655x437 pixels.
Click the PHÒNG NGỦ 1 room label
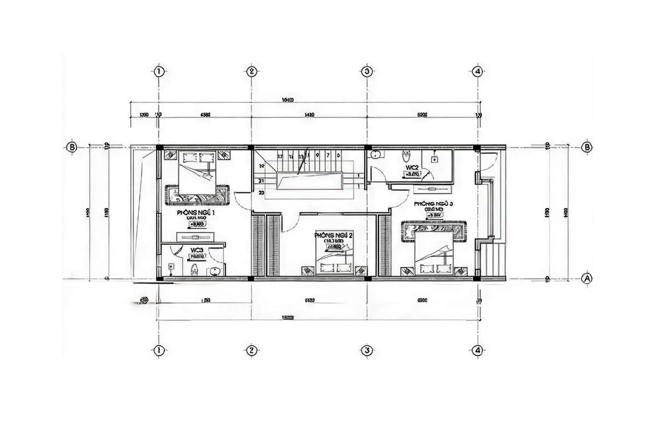pyautogui.click(x=195, y=212)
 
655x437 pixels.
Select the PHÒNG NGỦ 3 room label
pyautogui.click(x=434, y=204)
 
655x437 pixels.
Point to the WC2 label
pyautogui.click(x=412, y=167)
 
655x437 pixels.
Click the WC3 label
pyautogui.click(x=197, y=250)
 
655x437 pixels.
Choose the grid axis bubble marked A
pyautogui.click(x=587, y=278)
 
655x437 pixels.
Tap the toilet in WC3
pyautogui.click(x=192, y=269)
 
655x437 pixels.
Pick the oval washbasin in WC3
pyautogui.click(x=217, y=271)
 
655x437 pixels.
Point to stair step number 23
pyautogui.click(x=261, y=192)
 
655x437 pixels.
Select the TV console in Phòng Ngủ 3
pyautogui.click(x=433, y=189)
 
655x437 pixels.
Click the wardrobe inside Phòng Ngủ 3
pyautogui.click(x=384, y=245)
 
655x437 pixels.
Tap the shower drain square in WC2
pyautogui.click(x=434, y=160)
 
